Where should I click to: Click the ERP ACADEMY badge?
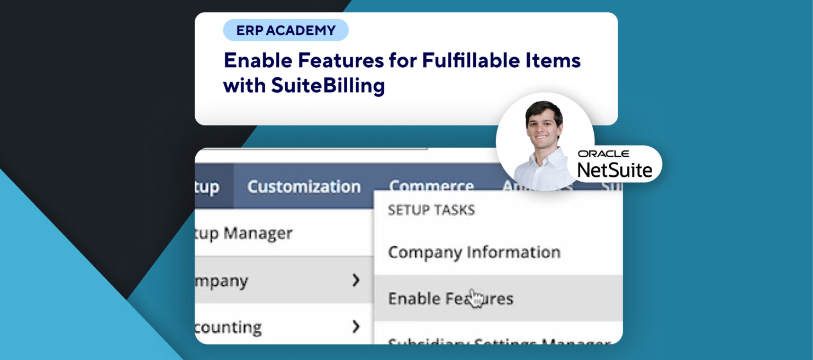coord(286,30)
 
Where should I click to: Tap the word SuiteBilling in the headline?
coord(328,85)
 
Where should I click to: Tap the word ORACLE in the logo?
coord(603,154)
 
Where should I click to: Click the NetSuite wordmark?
coord(615,169)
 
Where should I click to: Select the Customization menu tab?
coord(304,186)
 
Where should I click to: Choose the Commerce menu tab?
coord(431,186)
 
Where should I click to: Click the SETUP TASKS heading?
coord(431,210)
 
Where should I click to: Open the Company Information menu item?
coord(474,252)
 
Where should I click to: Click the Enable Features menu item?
coord(450,299)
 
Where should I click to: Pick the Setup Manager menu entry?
coord(244,233)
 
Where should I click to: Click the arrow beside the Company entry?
coord(356,280)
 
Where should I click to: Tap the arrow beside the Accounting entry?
coord(356,327)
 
